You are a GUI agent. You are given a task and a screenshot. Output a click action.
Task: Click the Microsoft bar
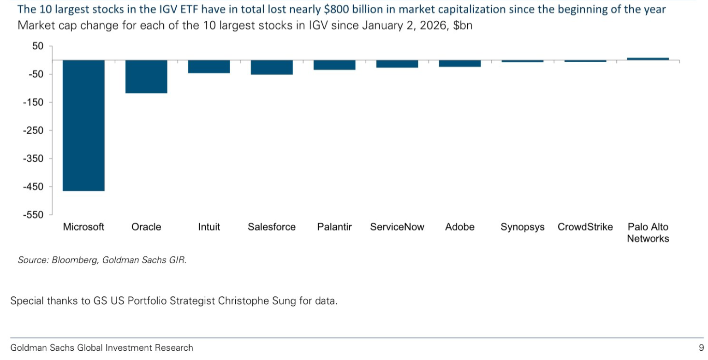click(x=83, y=125)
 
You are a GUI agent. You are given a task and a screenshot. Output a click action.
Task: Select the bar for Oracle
click(x=146, y=77)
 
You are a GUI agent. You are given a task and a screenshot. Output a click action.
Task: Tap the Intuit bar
click(x=209, y=66)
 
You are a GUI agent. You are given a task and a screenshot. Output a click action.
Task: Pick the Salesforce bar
click(x=272, y=67)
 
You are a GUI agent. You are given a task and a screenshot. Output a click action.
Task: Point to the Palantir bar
click(x=334, y=65)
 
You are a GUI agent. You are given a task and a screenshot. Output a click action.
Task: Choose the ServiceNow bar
click(x=397, y=64)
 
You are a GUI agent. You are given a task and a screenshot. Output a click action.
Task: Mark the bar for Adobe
click(x=460, y=63)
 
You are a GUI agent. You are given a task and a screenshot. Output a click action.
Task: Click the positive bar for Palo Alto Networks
click(x=648, y=59)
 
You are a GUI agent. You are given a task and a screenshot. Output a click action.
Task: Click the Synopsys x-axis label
click(x=523, y=227)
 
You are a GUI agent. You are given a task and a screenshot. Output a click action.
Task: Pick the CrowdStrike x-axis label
click(x=585, y=227)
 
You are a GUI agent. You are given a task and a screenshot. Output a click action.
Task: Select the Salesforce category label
click(x=272, y=227)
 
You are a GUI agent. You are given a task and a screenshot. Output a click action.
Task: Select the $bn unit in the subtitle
click(x=463, y=26)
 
